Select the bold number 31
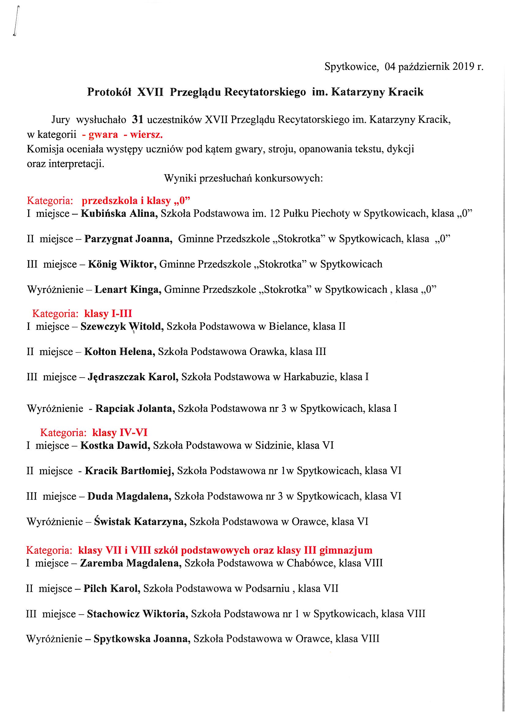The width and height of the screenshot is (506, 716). point(137,120)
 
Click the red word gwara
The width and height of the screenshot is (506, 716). point(103,135)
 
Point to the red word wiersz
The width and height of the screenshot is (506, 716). point(146,135)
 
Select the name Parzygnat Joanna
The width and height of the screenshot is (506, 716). point(129,239)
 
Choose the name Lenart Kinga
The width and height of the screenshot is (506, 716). point(128,290)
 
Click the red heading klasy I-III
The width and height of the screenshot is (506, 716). point(108,313)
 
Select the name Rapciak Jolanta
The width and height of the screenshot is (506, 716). point(135,409)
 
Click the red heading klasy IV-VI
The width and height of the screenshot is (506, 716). point(120,432)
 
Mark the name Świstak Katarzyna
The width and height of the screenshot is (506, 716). point(140,522)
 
